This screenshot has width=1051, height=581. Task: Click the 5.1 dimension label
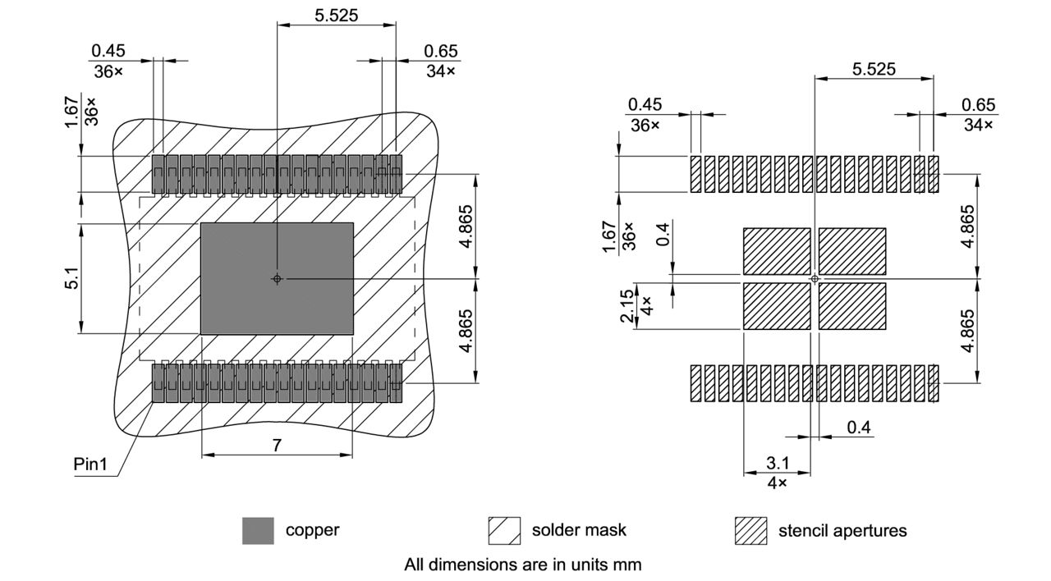(x=73, y=279)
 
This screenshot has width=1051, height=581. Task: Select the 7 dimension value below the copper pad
(x=277, y=446)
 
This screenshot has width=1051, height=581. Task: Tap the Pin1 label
(x=91, y=464)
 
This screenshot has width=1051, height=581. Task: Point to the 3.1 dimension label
(x=777, y=464)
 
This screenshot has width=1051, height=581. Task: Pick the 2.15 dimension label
(x=629, y=306)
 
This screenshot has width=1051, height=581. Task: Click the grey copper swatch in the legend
(x=258, y=531)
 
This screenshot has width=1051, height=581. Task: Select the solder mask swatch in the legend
(x=504, y=531)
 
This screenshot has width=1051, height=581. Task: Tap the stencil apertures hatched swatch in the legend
(x=750, y=531)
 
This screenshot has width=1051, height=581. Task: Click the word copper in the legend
(x=312, y=530)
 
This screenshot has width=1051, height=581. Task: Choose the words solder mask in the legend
(x=579, y=530)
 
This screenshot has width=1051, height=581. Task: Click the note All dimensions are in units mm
(x=522, y=565)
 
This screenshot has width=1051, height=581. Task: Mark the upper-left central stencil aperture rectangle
(x=777, y=251)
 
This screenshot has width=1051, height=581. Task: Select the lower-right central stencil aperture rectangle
(x=852, y=306)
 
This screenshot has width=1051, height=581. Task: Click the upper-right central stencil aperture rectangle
(x=852, y=251)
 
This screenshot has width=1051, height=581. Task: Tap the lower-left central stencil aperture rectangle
(x=777, y=306)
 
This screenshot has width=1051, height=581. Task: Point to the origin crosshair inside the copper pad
(x=277, y=279)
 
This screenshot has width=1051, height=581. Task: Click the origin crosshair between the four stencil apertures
(x=815, y=279)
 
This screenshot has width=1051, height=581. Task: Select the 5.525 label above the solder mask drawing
(x=337, y=15)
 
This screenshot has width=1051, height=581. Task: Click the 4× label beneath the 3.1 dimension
(x=777, y=483)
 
